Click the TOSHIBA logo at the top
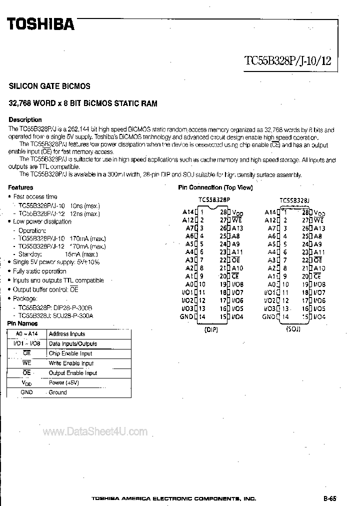(40, 23)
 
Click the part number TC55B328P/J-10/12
(287, 61)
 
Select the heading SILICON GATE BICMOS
(50, 86)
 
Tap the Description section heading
(25, 120)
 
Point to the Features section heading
(21, 187)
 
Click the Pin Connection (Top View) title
(215, 187)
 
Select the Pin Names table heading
(22, 324)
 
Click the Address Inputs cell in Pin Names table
(67, 334)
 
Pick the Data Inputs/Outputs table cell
(73, 344)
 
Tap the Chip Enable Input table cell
(70, 353)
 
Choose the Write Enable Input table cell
(71, 363)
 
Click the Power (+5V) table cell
(64, 383)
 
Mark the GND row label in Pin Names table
(27, 392)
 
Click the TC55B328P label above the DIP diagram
(214, 199)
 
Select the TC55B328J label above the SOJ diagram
(294, 199)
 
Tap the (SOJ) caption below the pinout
(293, 330)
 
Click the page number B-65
(330, 498)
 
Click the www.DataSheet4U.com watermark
(88, 432)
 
